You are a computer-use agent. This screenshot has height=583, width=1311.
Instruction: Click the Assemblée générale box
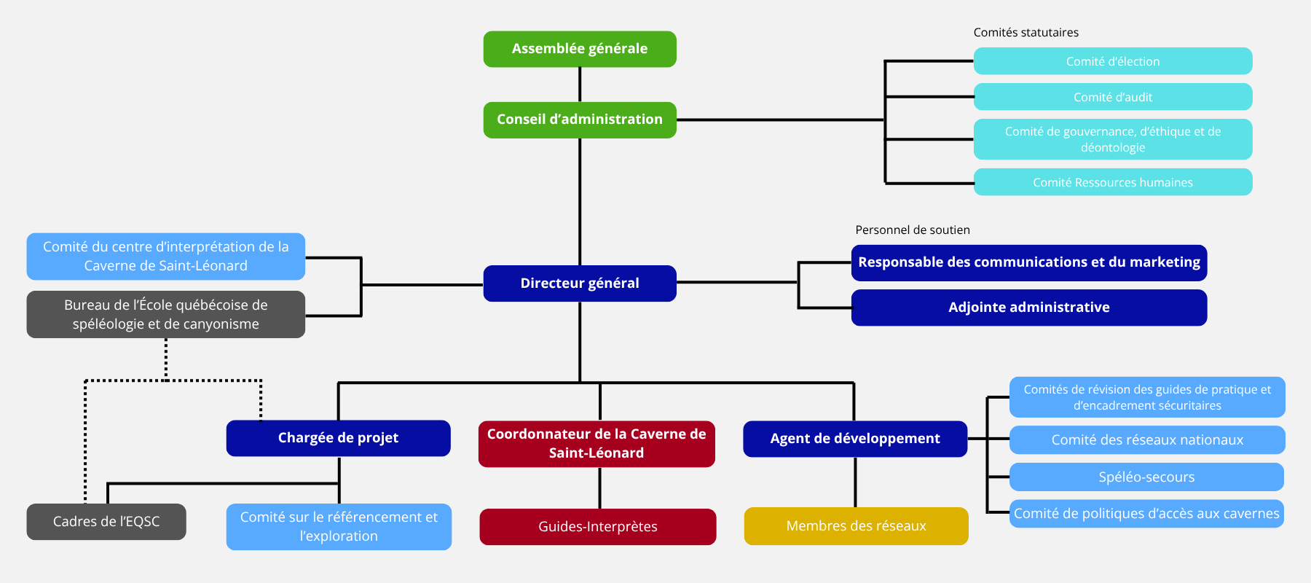[x=580, y=49]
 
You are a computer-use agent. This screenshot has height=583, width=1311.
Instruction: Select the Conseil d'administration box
[x=580, y=120]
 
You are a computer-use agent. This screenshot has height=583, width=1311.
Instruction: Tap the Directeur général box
[x=580, y=283]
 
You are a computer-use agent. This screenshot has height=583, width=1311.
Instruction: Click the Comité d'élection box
[x=1113, y=61]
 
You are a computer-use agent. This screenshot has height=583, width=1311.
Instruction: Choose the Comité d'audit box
[x=1113, y=97]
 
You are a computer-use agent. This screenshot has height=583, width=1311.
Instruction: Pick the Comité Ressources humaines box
[x=1113, y=182]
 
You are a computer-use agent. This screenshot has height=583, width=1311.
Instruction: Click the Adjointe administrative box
[x=1029, y=308]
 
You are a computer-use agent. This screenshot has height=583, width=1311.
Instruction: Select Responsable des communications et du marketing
[x=1029, y=262]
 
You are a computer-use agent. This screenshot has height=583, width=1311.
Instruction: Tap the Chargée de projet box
[x=339, y=438]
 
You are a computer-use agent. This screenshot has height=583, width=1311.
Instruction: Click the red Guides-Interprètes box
[x=598, y=527]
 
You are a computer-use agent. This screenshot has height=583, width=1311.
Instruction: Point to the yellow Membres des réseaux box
[x=857, y=526]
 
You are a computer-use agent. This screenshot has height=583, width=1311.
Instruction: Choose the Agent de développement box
[x=855, y=439]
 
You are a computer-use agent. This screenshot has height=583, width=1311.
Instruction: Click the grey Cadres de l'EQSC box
[x=106, y=522]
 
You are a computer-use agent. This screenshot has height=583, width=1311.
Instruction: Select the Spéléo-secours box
[x=1146, y=477]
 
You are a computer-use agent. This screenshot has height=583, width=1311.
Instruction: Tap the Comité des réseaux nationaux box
[x=1147, y=440]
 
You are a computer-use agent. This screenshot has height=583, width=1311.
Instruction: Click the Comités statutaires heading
[x=1026, y=33]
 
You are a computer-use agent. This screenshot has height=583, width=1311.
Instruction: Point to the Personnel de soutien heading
[x=913, y=230]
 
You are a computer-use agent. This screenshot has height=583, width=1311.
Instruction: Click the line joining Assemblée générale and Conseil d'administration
[x=580, y=85]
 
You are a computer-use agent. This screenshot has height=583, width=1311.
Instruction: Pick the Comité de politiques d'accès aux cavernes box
[x=1146, y=514]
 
